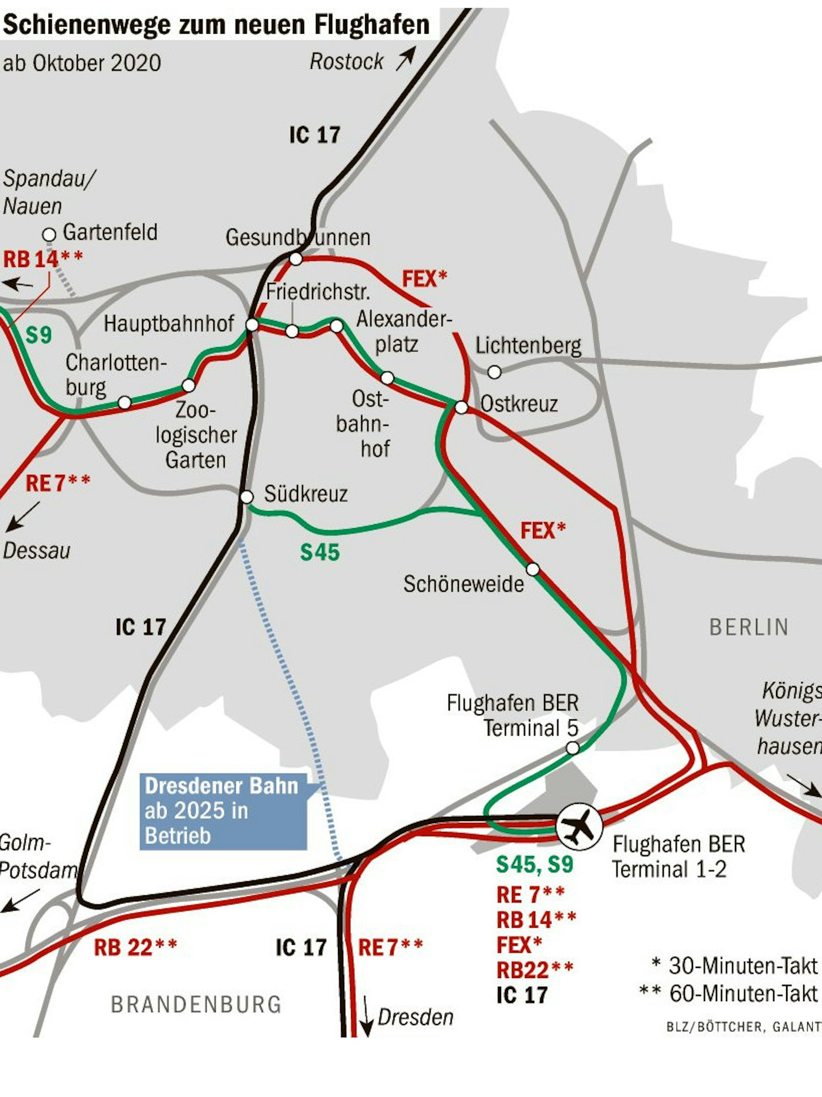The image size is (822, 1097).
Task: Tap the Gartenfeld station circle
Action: [x=49, y=234]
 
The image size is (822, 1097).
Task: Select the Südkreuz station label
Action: [x=305, y=494]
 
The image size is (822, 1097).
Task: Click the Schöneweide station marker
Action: [x=533, y=569]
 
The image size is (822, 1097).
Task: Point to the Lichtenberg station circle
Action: [x=494, y=372]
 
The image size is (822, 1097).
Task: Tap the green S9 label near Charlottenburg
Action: [x=38, y=335]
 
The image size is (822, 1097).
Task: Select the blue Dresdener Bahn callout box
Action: [x=223, y=811]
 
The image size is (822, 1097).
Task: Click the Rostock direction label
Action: [x=346, y=62]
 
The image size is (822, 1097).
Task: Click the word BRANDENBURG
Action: [x=196, y=1005]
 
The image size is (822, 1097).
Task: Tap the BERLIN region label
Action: [x=749, y=627]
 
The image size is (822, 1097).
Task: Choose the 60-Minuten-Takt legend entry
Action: [x=728, y=993]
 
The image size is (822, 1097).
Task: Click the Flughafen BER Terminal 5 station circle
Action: [x=572, y=748]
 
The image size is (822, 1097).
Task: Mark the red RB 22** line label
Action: [x=135, y=947]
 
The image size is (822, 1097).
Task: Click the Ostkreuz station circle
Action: [x=461, y=408]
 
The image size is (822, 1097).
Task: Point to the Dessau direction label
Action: [x=37, y=551]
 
